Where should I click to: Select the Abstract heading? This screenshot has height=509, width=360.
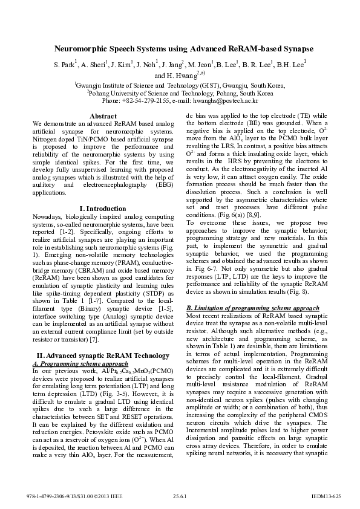[103, 115]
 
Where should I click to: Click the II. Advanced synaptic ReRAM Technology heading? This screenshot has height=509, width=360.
[103, 355]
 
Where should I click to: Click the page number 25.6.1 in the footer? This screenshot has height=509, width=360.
[180, 496]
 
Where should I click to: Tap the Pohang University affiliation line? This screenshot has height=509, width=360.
[180, 94]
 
